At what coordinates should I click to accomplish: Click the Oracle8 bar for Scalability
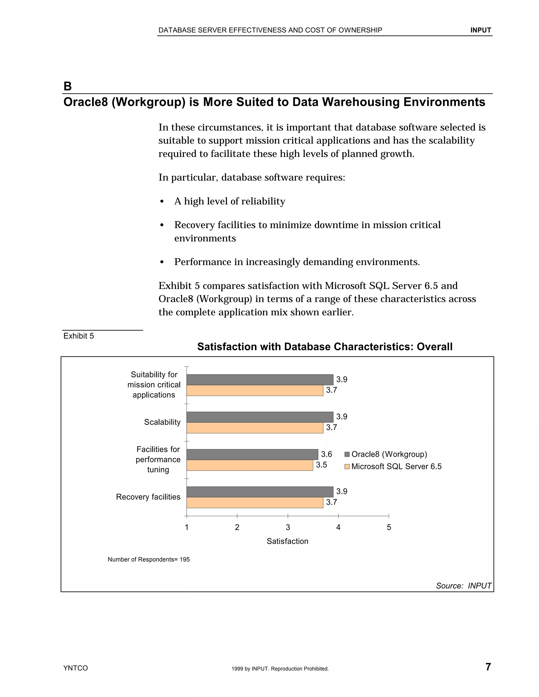pyautogui.click(x=259, y=417)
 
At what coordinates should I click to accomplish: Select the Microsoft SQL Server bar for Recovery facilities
pyautogui.click(x=254, y=503)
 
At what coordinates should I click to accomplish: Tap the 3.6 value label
pyautogui.click(x=326, y=454)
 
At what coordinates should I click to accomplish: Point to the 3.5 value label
pyautogui.click(x=321, y=465)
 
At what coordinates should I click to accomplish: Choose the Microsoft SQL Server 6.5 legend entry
pyautogui.click(x=393, y=467)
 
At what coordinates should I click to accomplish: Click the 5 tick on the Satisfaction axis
pyautogui.click(x=389, y=527)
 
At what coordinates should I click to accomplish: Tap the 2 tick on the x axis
pyautogui.click(x=237, y=527)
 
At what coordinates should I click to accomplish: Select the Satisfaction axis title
pyautogui.click(x=287, y=541)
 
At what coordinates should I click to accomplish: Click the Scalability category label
pyautogui.click(x=162, y=422)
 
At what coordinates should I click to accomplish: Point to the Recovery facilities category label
pyautogui.click(x=148, y=497)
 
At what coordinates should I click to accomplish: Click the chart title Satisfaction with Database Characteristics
pyautogui.click(x=325, y=347)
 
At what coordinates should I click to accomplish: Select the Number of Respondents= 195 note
pyautogui.click(x=148, y=559)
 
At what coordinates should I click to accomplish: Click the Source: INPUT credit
pyautogui.click(x=463, y=586)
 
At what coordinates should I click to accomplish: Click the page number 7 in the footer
pyautogui.click(x=488, y=667)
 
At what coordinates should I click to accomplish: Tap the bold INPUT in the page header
pyautogui.click(x=480, y=30)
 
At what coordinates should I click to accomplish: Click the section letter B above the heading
pyautogui.click(x=68, y=86)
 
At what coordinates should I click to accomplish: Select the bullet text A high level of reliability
pyautogui.click(x=229, y=201)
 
